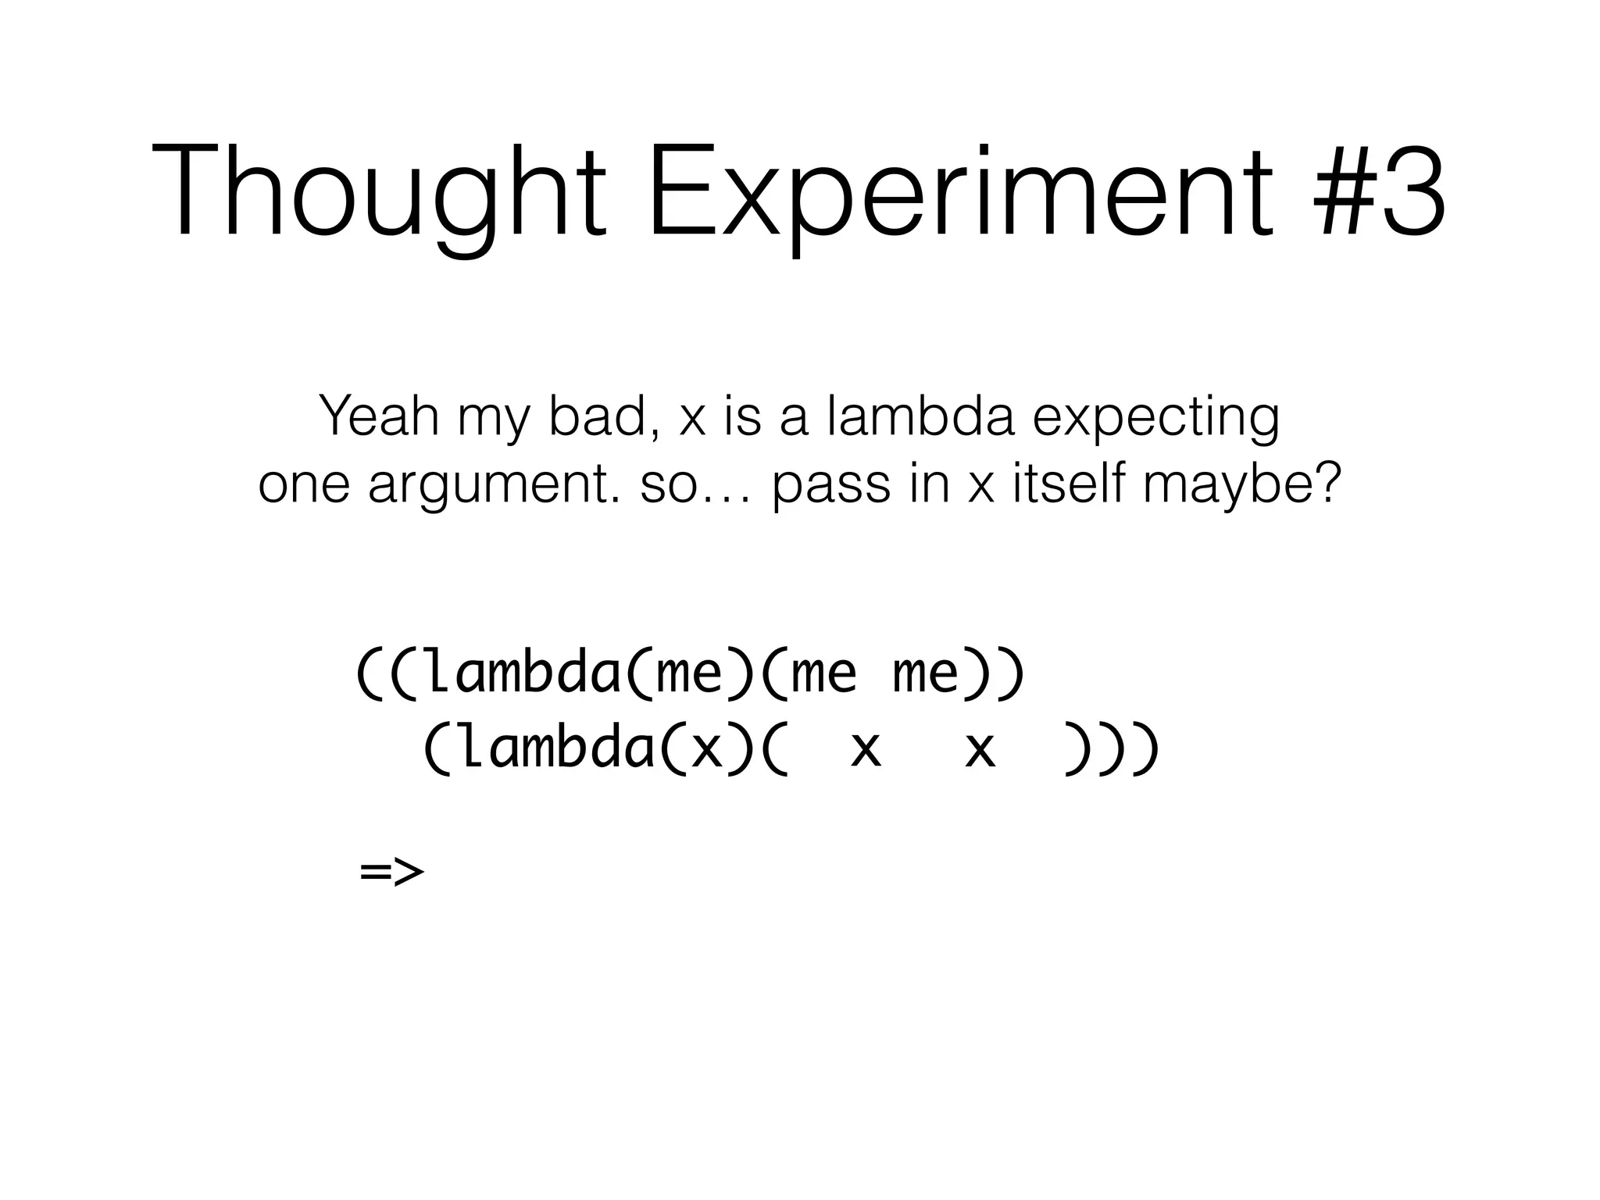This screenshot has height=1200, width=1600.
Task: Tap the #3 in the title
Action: [x=1379, y=191]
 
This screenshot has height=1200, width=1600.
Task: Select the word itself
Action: [x=1070, y=484]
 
